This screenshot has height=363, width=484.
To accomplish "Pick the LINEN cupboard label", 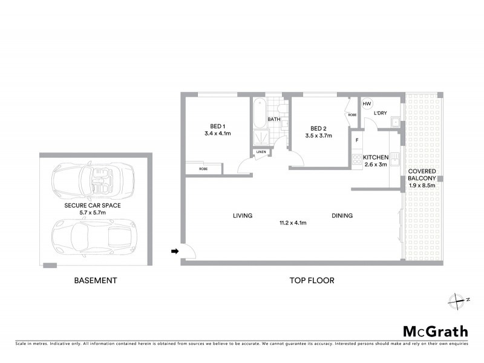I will (261, 152).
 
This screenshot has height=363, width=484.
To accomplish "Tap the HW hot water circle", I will (366, 104).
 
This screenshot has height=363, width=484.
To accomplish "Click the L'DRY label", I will (380, 113).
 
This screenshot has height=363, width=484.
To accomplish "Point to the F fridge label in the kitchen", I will (357, 140).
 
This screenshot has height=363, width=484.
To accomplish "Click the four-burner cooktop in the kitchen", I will (357, 160).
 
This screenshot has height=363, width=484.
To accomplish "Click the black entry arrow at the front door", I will (175, 250).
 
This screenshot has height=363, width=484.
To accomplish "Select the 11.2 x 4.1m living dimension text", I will (292, 223).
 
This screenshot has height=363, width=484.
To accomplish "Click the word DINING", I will (342, 215).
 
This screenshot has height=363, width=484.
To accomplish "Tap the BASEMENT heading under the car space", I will (95, 281).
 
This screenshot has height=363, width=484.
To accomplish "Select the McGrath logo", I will (435, 331).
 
